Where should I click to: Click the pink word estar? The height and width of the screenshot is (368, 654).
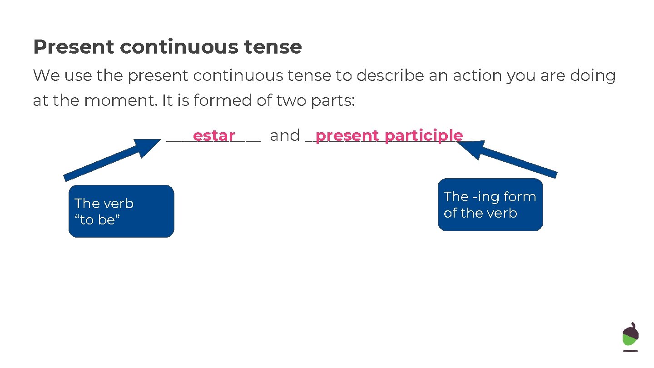(x=213, y=135)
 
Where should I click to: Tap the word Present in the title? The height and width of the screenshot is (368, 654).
(x=73, y=47)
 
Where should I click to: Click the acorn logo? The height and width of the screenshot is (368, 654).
(x=630, y=337)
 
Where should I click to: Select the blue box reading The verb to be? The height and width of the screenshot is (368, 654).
(x=121, y=211)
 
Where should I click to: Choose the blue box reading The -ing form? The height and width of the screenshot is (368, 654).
(x=490, y=205)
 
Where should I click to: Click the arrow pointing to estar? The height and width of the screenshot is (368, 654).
(x=109, y=159)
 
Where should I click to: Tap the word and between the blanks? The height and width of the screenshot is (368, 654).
(x=285, y=135)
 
